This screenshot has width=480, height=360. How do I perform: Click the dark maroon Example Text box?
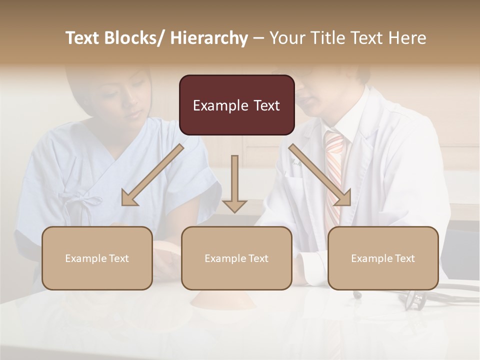(236, 105)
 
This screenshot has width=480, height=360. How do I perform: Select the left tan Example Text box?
(97, 258)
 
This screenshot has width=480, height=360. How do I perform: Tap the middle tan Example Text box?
(236, 258)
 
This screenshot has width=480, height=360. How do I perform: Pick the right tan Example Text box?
(383, 258)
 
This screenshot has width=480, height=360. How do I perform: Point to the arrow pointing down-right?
(320, 175)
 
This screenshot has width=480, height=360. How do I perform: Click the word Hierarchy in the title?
(209, 38)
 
